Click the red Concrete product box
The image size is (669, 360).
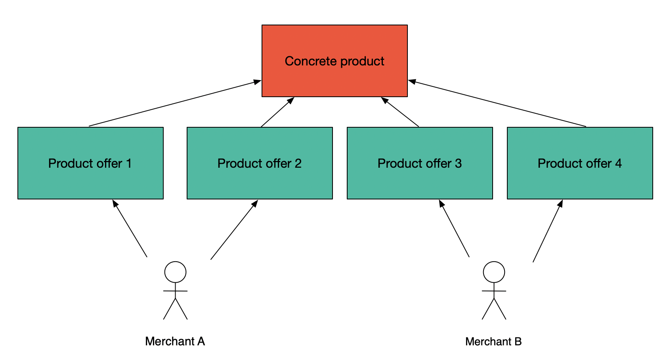[x=334, y=61]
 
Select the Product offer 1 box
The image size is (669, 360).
[x=90, y=163]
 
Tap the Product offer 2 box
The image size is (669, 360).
[x=260, y=163]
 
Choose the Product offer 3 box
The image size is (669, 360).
[x=420, y=163]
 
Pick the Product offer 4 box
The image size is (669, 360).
[x=580, y=163]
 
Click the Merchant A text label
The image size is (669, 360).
[x=175, y=341]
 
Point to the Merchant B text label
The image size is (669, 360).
[x=493, y=341]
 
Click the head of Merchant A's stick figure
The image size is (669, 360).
[x=175, y=272]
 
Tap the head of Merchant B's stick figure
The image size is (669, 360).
[x=494, y=272]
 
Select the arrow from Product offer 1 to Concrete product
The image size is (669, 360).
[x=175, y=103]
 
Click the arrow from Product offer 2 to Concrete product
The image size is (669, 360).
[x=277, y=112]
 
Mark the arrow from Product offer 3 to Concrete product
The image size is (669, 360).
[x=399, y=112]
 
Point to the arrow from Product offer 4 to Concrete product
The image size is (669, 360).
[x=497, y=103]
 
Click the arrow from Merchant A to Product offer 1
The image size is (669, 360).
[x=130, y=228]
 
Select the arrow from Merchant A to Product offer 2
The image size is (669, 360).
[x=234, y=230]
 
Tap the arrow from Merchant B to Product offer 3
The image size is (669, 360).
[x=454, y=228]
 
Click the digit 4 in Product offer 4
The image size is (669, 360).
[x=618, y=163]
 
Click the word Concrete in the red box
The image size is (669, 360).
[x=311, y=61]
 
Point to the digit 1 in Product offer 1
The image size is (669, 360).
[x=129, y=163]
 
